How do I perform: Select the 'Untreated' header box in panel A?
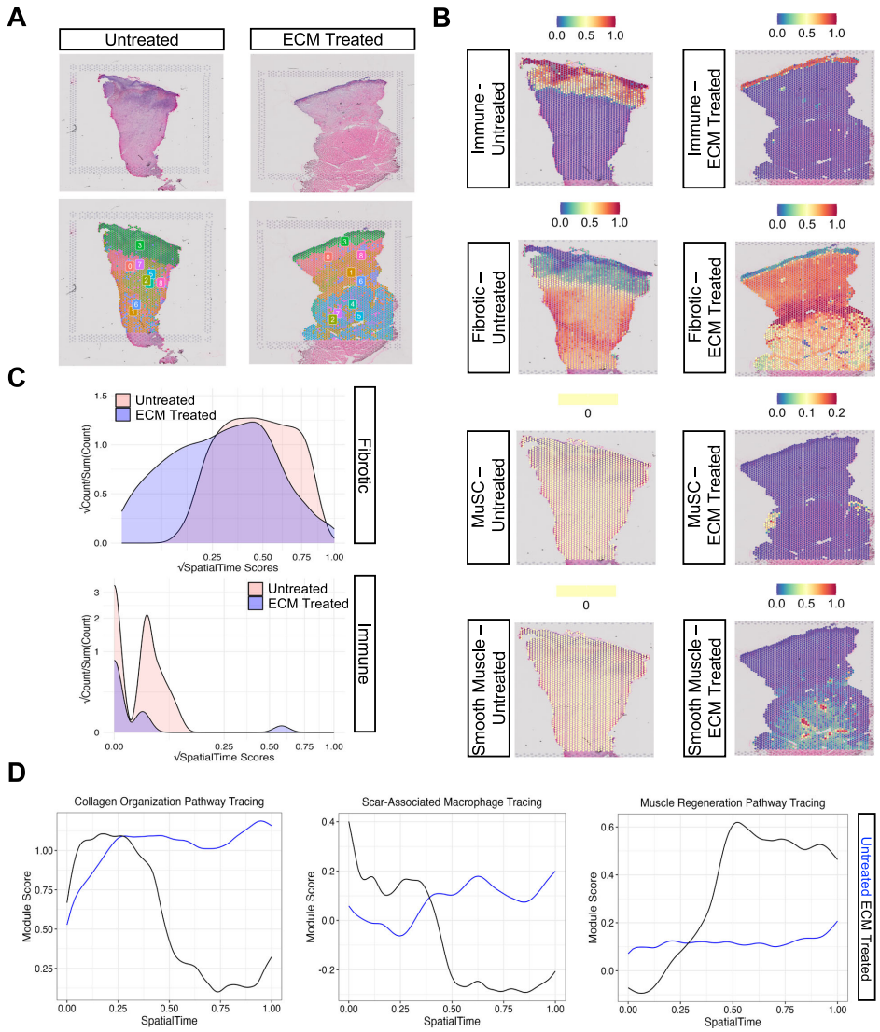(141, 39)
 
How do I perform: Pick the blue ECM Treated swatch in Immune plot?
(257, 604)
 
